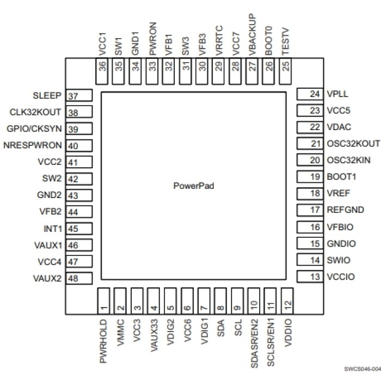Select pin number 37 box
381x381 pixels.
click(78, 96)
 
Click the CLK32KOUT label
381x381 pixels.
click(36, 113)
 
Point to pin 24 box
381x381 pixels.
click(309, 94)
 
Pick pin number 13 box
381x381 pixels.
click(309, 277)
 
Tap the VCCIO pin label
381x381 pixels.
click(341, 277)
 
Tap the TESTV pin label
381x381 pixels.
click(285, 42)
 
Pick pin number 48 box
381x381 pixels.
click(78, 279)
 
